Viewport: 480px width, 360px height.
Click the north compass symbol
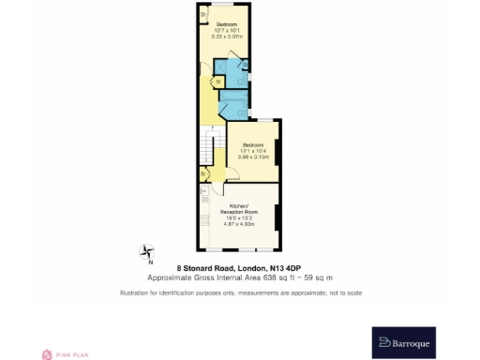146,251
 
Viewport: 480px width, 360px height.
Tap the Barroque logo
403,343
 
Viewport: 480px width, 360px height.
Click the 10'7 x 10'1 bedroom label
225,29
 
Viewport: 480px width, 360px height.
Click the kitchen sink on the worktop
203,198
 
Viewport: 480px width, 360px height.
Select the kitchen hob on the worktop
203,222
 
